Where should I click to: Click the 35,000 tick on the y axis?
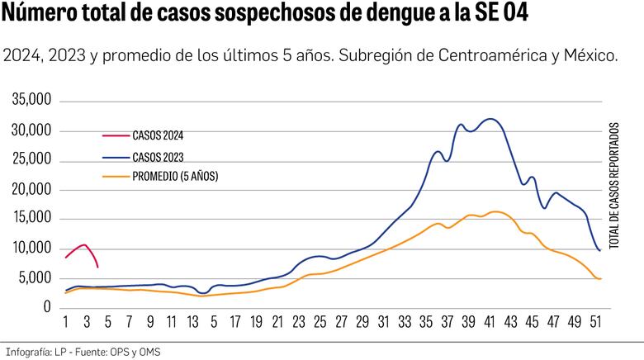(x=32, y=102)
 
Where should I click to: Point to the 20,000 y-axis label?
(x=32, y=190)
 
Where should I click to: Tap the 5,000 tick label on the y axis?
(x=36, y=278)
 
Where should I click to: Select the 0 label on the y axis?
(x=48, y=307)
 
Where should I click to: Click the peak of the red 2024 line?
(x=84, y=244)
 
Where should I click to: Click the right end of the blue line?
(x=599, y=250)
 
